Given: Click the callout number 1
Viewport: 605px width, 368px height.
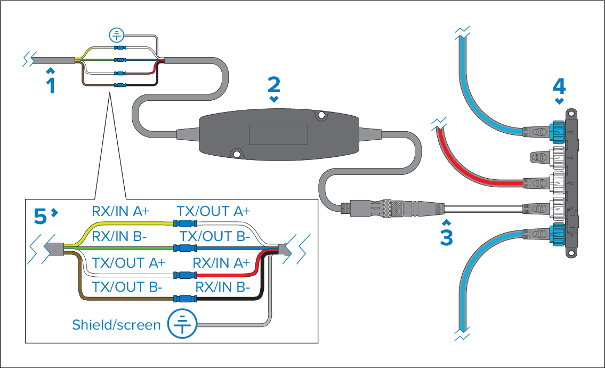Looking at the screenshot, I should tap(51, 85).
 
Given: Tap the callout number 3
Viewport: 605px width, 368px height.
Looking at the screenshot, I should tap(447, 236).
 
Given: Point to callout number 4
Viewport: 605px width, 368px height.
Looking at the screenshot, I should tap(559, 85).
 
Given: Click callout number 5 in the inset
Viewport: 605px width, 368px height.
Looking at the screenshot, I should tap(41, 215).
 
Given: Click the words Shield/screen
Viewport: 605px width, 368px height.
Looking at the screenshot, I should tap(116, 324).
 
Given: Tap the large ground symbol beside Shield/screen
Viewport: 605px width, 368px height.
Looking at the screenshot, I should tap(182, 324).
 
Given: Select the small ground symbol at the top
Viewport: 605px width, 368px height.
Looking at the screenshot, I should tap(116, 36).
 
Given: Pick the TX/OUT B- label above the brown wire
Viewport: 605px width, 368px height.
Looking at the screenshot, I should tap(127, 287).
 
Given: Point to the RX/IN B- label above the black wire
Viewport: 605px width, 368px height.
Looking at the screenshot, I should tap(222, 287).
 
